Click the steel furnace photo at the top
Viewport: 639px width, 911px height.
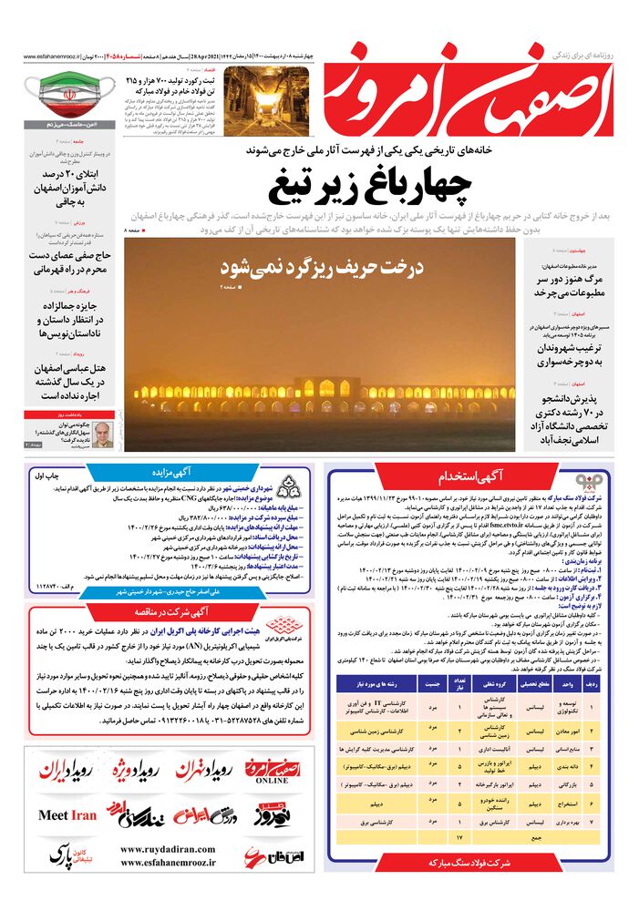[176, 97]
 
